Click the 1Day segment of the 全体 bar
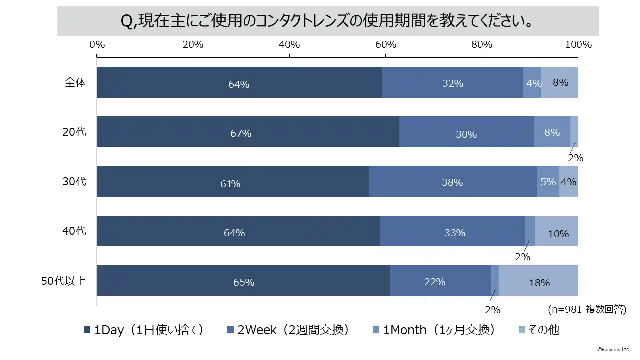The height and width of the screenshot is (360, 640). pyautogui.click(x=239, y=82)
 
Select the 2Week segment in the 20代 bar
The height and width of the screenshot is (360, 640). pyautogui.click(x=466, y=132)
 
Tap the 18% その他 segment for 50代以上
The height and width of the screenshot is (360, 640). pyautogui.click(x=539, y=281)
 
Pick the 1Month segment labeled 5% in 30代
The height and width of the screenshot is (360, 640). pyautogui.click(x=548, y=181)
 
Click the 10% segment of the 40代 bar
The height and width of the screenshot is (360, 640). pyautogui.click(x=557, y=231)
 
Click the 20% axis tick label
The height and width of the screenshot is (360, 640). pyautogui.click(x=193, y=44)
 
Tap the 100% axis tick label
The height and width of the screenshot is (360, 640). pyautogui.click(x=578, y=44)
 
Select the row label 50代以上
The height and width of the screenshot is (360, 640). pyautogui.click(x=63, y=281)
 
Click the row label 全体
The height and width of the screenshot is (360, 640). pyautogui.click(x=75, y=82)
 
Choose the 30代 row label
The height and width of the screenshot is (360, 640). pyautogui.click(x=74, y=181)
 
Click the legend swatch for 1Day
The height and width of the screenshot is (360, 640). pyautogui.click(x=87, y=330)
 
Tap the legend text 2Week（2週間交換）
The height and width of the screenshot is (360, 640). pyautogui.click(x=293, y=330)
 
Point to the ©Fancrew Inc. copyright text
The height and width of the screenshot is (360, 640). pyautogui.click(x=614, y=349)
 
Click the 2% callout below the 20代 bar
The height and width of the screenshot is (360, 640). pyautogui.click(x=575, y=158)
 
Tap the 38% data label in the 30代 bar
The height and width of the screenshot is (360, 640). pyautogui.click(x=452, y=182)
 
